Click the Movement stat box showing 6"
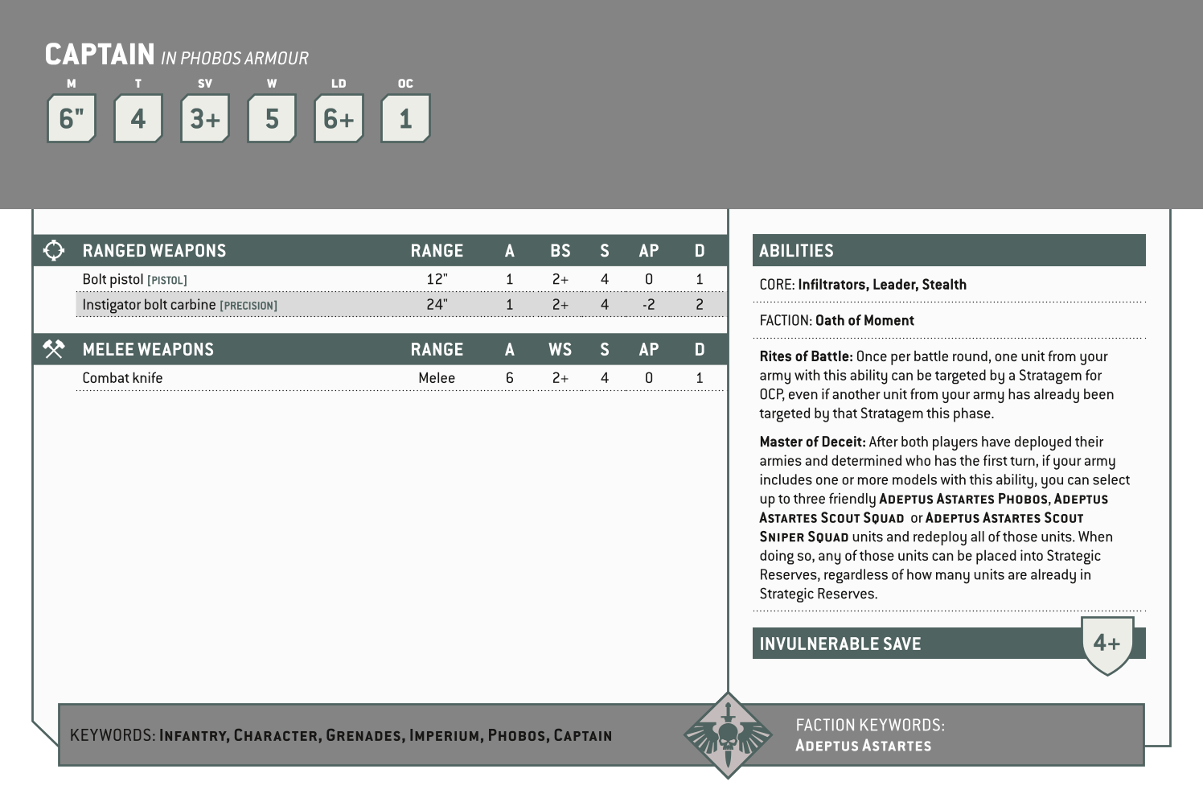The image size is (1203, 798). click(72, 119)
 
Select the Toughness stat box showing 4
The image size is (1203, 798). click(138, 119)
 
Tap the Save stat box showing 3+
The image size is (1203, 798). click(205, 119)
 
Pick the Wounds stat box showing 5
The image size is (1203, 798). click(272, 119)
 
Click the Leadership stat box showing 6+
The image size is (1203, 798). click(339, 119)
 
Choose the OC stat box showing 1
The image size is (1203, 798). click(405, 119)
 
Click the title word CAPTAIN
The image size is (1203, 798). click(100, 55)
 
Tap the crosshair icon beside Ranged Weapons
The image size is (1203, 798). click(54, 250)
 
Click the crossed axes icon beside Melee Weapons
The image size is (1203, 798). click(54, 349)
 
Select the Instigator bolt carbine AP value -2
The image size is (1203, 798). click(648, 305)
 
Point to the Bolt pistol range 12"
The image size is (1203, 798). click(437, 279)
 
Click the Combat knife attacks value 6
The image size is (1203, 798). click(509, 378)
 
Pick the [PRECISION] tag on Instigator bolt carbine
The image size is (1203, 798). click(248, 306)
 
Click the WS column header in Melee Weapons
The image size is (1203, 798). click(560, 349)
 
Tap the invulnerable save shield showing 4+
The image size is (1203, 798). click(1107, 644)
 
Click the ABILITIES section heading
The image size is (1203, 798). click(796, 251)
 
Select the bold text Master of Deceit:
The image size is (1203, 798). click(812, 442)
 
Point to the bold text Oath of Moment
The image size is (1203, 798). click(864, 320)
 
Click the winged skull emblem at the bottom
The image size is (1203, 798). click(728, 734)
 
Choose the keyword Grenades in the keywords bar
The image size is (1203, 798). click(363, 735)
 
